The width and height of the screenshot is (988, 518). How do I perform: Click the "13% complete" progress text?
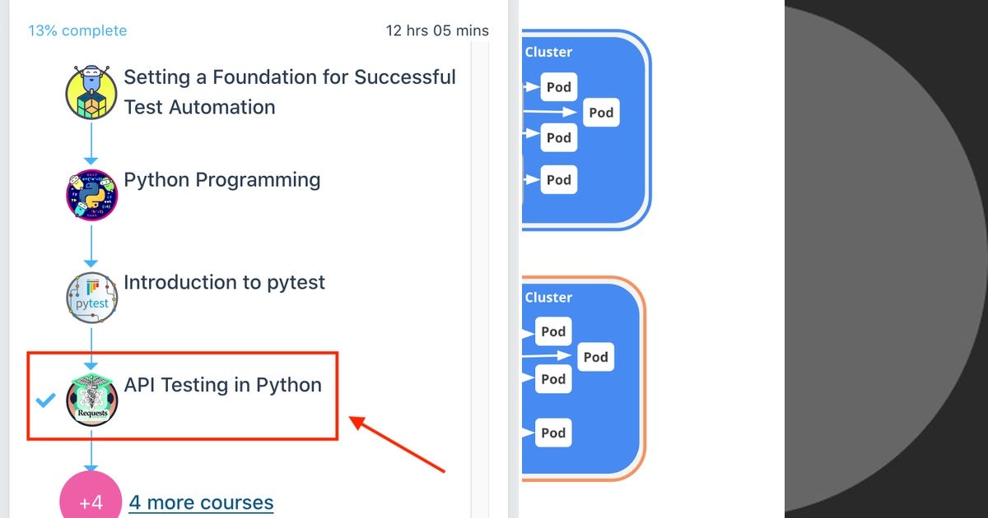[77, 31]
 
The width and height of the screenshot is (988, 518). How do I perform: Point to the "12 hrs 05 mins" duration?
[437, 31]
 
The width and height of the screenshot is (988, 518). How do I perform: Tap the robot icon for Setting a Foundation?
[91, 93]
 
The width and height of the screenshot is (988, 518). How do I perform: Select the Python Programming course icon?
[91, 195]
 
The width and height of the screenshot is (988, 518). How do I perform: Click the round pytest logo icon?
[91, 297]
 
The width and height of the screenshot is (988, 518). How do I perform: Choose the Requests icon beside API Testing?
[91, 400]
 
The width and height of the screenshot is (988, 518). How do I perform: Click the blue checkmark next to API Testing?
[46, 400]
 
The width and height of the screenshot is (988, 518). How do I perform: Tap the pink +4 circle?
[91, 502]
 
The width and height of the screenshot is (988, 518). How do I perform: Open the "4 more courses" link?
[201, 502]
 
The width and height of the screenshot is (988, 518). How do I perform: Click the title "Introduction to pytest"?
[224, 283]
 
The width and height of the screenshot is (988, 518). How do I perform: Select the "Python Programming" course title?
[221, 180]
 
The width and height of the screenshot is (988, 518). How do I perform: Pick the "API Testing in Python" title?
[222, 385]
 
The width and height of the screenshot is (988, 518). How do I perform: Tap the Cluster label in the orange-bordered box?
[548, 298]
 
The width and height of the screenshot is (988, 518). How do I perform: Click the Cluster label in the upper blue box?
[548, 52]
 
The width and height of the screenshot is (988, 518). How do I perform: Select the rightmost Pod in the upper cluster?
[601, 113]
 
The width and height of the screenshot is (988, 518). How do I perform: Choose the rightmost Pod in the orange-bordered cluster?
[595, 357]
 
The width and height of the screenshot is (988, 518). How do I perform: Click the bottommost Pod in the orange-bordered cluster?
[553, 433]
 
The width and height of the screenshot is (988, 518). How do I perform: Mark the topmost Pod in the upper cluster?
[559, 87]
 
